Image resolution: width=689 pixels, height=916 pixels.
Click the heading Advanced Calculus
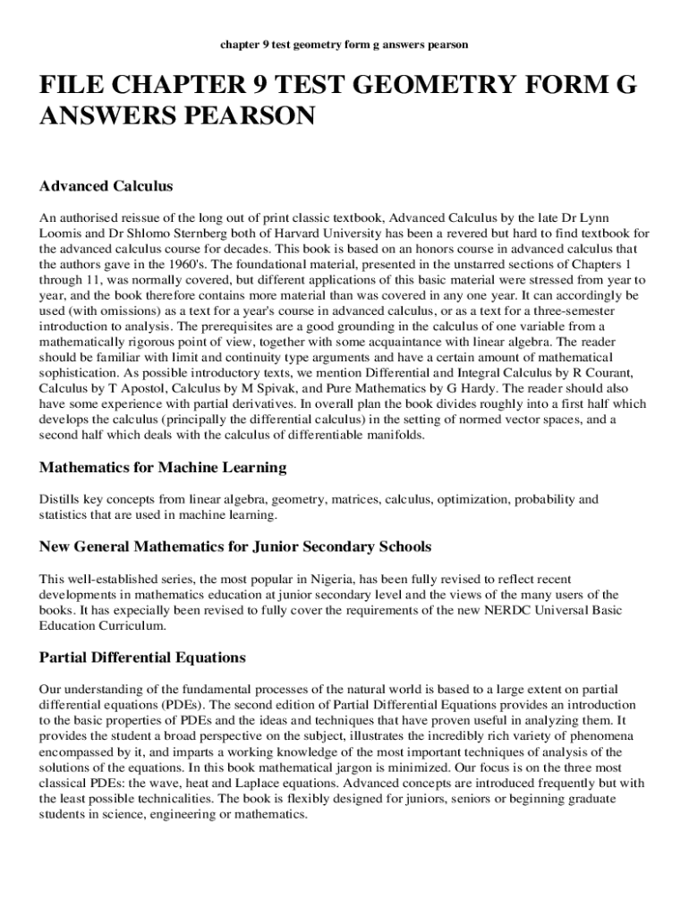tap(106, 186)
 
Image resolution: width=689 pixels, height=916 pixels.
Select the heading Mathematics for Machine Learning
tap(163, 467)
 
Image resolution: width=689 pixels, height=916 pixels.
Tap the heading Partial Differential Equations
tap(142, 657)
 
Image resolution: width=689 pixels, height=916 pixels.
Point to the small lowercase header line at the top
tap(344, 44)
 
